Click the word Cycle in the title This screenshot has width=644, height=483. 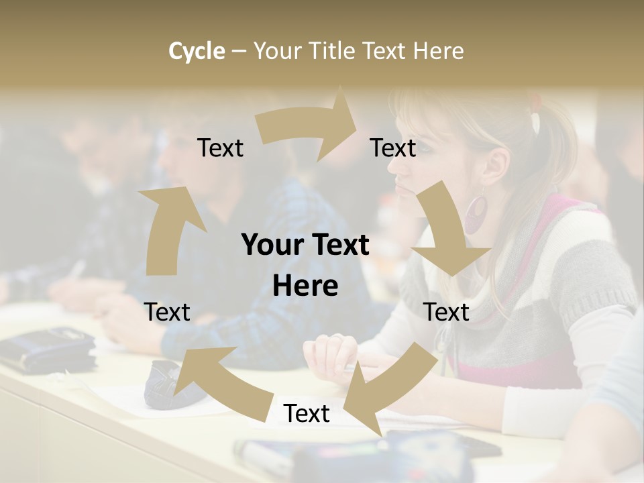197,51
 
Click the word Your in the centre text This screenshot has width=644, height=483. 266,246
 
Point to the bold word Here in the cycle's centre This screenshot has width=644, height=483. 305,286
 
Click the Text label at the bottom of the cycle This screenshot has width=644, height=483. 307,414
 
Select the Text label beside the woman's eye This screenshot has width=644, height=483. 393,148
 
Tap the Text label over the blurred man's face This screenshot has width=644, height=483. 220,148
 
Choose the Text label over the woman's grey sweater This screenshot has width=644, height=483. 446,312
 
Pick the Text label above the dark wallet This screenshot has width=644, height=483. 167,312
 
